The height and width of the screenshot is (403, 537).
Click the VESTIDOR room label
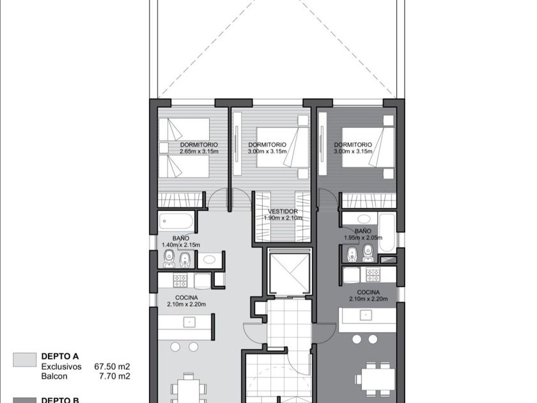[283, 212]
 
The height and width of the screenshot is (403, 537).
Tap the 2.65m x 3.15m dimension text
[199, 151]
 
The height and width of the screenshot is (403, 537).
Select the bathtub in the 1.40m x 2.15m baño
[176, 221]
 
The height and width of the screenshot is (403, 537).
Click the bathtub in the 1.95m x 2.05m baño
[387, 232]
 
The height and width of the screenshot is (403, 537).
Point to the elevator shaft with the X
[290, 271]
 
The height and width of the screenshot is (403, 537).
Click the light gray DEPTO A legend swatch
[25, 360]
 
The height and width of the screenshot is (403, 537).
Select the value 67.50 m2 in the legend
[112, 367]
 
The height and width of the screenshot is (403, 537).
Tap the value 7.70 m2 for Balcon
[114, 376]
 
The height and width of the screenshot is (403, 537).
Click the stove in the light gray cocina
[180, 281]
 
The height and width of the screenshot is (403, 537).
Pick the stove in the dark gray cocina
[373, 274]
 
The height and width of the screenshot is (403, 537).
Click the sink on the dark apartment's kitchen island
[366, 315]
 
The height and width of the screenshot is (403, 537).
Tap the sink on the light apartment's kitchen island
[189, 322]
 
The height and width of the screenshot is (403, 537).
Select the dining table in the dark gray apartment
[376, 379]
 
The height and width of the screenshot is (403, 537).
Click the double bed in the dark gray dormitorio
[368, 147]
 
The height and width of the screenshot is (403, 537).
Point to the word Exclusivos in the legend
[61, 367]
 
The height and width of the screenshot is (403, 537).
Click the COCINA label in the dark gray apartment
[368, 292]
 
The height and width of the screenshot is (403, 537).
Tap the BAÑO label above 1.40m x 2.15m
[180, 238]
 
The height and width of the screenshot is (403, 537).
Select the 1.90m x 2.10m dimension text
[283, 217]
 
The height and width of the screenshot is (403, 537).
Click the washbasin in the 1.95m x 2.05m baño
[363, 219]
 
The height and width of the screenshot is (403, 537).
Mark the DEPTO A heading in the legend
[60, 356]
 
